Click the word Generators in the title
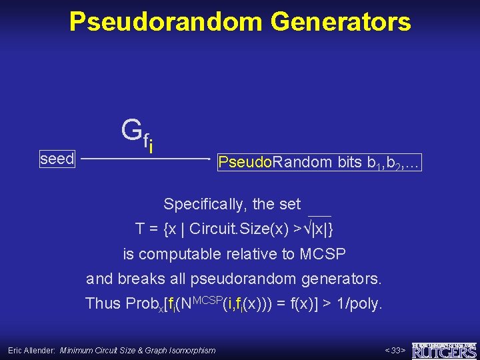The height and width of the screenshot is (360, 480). (341, 22)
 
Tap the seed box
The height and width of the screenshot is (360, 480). (57, 159)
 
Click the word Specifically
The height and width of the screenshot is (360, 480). (205, 204)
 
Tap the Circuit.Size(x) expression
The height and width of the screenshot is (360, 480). (244, 229)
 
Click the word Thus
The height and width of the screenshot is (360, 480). (103, 303)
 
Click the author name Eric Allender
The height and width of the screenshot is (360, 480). (31, 350)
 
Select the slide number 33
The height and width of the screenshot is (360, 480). (396, 350)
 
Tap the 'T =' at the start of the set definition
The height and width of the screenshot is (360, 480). (147, 229)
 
